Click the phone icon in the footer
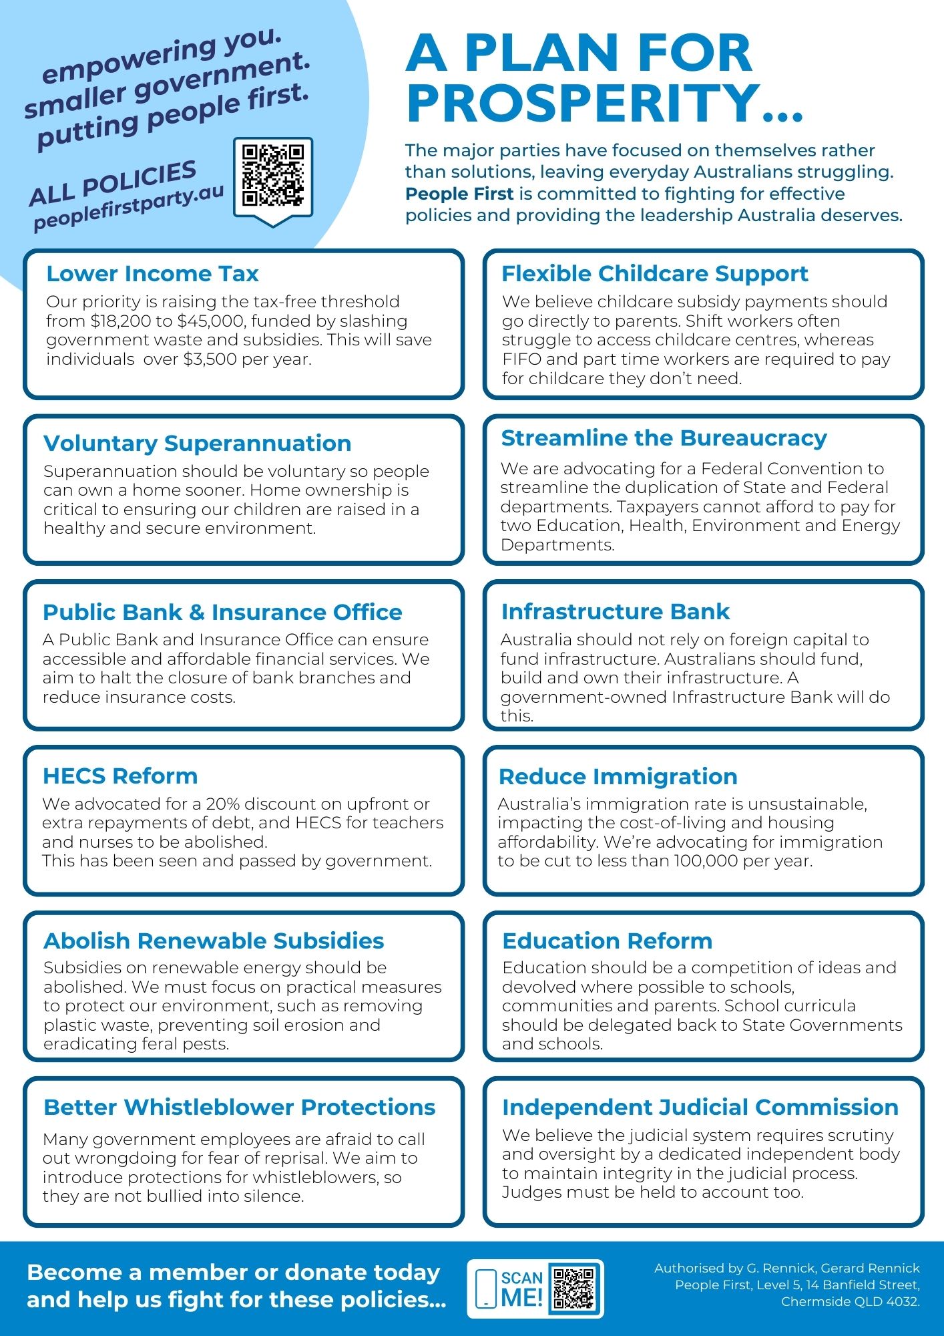[x=485, y=1289]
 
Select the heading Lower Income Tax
[x=152, y=273]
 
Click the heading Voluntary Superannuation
[x=197, y=443]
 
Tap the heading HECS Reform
[x=120, y=776]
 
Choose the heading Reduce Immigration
[x=618, y=776]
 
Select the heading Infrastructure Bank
[x=615, y=611]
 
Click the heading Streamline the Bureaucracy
[x=664, y=438]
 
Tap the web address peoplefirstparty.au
[x=128, y=207]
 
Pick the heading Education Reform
[x=607, y=941]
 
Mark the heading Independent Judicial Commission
[x=700, y=1107]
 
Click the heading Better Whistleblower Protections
[x=239, y=1107]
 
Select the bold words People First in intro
[x=459, y=194]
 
